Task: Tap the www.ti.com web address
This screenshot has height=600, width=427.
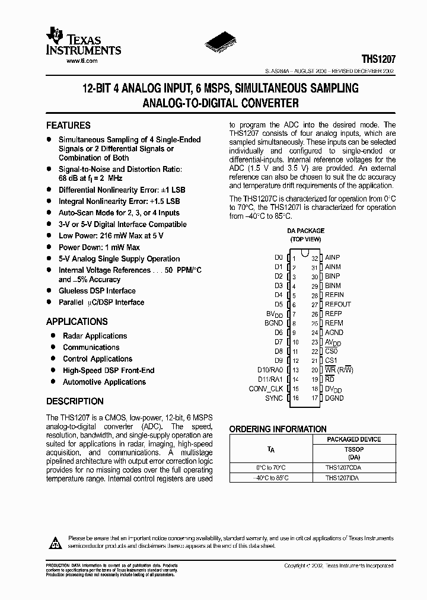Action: (82, 61)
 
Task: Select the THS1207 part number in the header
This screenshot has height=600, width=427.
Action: (378, 60)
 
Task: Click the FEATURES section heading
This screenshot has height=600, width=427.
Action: (68, 126)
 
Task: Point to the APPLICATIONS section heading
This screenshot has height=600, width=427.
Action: (77, 322)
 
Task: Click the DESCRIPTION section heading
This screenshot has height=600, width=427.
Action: (75, 401)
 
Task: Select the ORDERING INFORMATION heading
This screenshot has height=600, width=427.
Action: (278, 429)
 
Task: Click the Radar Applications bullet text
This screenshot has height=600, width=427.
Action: (95, 336)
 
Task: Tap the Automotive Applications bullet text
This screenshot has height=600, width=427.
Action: (104, 382)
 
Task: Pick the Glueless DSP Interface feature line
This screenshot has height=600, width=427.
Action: (97, 291)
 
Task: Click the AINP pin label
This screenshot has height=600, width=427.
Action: (333, 258)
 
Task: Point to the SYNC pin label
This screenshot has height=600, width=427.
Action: (274, 398)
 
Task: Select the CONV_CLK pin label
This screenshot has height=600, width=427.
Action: (266, 389)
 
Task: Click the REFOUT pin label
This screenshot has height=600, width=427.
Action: (338, 304)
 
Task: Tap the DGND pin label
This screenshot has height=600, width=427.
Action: (334, 398)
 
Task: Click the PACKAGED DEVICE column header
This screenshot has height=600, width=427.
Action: (353, 439)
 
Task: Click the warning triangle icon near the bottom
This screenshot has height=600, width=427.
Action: (55, 542)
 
